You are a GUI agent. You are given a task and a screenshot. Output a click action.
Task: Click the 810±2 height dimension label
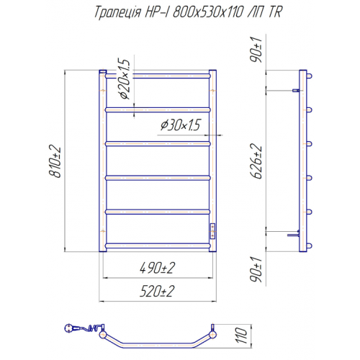(55, 161)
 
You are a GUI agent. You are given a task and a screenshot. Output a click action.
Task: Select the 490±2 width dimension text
(158, 268)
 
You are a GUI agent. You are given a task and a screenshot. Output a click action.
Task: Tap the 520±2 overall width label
(157, 292)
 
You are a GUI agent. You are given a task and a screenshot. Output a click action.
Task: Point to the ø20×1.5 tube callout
(125, 78)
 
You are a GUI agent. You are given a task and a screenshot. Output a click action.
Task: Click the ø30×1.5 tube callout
(180, 125)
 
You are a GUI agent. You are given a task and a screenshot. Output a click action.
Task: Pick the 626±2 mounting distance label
(256, 161)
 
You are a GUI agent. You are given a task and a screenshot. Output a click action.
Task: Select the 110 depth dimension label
(242, 336)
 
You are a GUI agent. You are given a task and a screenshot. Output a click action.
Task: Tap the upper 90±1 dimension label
(256, 50)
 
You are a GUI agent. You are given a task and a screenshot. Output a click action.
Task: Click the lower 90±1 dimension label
(256, 269)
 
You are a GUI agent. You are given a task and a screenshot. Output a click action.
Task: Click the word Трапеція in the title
(117, 12)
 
